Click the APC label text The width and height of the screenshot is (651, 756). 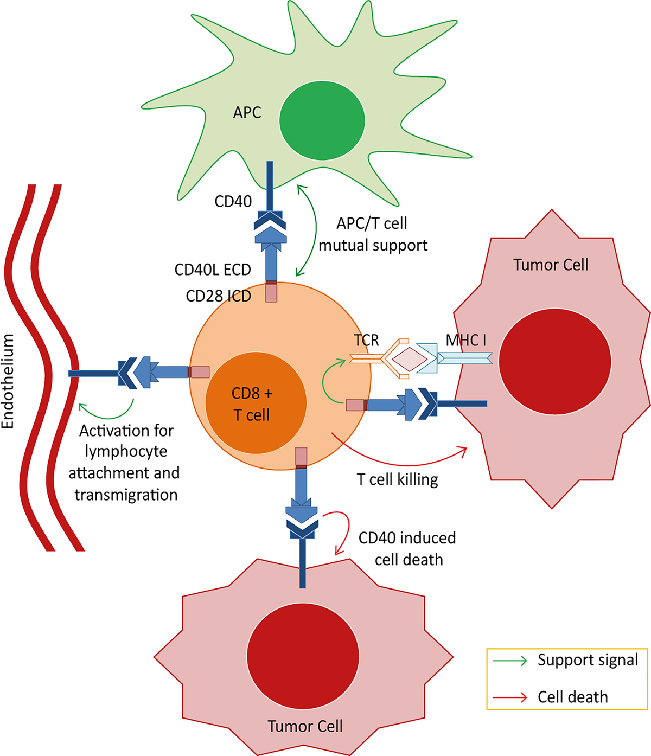[x=247, y=113]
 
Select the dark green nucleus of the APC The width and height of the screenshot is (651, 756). [x=322, y=120]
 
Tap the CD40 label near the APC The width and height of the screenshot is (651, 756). [x=233, y=201]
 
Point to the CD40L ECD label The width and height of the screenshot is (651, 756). [x=213, y=270]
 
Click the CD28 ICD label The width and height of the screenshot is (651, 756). [x=218, y=296]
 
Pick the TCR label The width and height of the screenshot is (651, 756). [x=366, y=340]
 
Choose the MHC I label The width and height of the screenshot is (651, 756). [x=465, y=340]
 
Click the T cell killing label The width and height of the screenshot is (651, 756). [x=397, y=479]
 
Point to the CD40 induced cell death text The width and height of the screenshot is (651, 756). [x=408, y=549]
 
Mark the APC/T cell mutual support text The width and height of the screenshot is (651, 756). [x=373, y=234]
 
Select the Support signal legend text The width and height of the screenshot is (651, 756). [x=588, y=660]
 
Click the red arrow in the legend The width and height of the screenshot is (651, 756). [x=509, y=697]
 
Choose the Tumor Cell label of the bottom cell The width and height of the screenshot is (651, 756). [x=305, y=726]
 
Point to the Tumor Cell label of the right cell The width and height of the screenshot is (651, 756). [x=551, y=265]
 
